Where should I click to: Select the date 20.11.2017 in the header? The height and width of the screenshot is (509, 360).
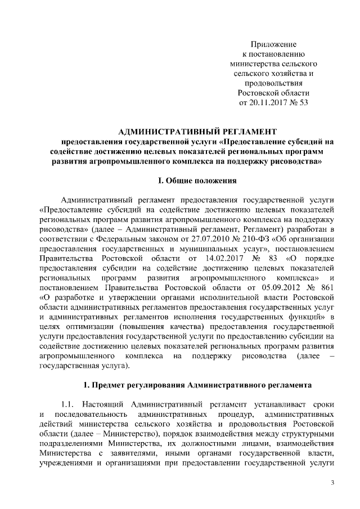coord(269,103)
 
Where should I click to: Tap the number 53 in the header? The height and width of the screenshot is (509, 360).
coord(303,103)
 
